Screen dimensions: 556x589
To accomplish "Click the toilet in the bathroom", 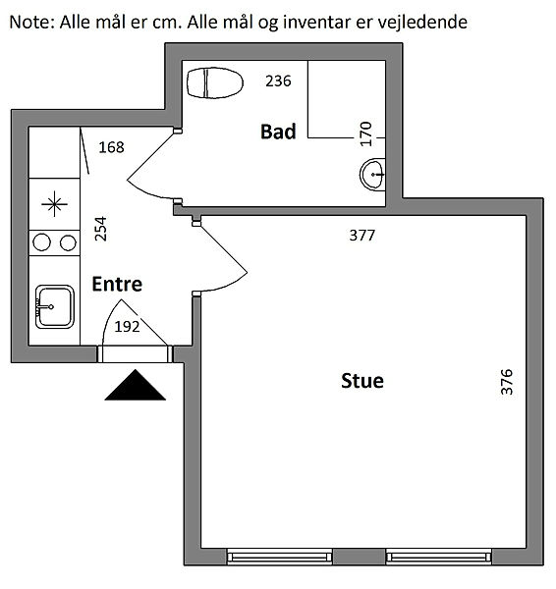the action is pos(215,82).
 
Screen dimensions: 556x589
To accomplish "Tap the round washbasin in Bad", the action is pos(373,175).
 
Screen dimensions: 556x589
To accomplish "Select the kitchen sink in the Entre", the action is pos(54,306).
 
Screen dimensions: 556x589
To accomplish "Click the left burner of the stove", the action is pos(41,242).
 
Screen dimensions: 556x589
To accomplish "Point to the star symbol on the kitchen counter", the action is pos(54,204).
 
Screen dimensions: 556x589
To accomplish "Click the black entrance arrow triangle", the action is pos(135,385).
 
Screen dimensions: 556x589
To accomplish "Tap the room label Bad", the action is pos(278,132).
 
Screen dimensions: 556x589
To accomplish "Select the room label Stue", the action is pos(362,381).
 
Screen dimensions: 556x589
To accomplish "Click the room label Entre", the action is pos(117,284).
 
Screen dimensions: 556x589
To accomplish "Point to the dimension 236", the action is pos(278,81).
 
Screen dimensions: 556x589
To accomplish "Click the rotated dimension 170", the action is pos(365,134).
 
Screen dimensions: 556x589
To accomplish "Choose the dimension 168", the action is pos(111,147).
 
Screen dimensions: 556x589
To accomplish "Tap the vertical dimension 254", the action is pos(101,229).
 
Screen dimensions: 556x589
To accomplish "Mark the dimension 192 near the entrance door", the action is pos(127,327).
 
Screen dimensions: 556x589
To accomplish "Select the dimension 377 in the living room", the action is pos(362,236).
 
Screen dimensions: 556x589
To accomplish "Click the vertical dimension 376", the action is pos(507,382).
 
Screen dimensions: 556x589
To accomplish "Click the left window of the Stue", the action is pos(279,557).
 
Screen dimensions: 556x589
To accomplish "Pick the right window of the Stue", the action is pos(439,557).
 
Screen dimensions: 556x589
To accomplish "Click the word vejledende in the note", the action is pos(422,23).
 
